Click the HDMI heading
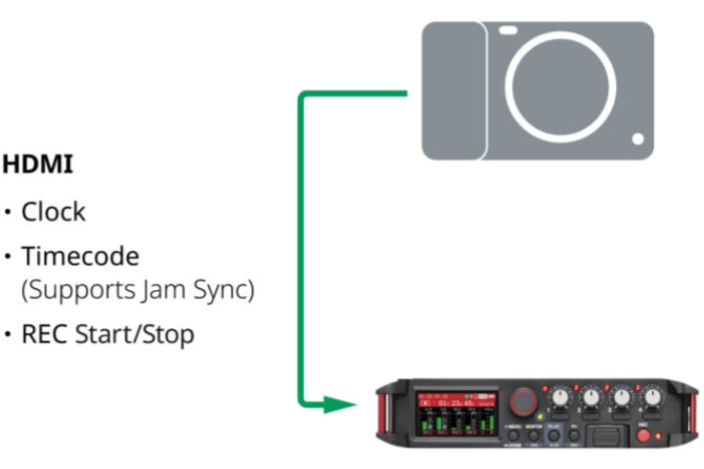(38, 165)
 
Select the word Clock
(54, 212)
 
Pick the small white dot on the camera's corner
(637, 140)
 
